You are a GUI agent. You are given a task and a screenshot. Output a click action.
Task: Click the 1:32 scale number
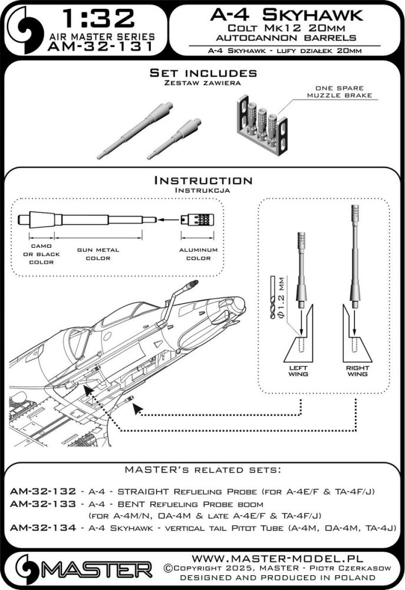pyautogui.click(x=98, y=19)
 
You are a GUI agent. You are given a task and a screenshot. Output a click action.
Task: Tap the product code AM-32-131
pyautogui.click(x=100, y=47)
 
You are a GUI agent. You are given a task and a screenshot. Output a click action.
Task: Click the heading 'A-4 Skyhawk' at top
pyautogui.click(x=287, y=15)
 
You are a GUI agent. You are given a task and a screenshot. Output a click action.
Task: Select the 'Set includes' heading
pyautogui.click(x=203, y=73)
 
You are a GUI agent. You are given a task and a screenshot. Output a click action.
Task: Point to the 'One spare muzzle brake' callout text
pyautogui.click(x=340, y=91)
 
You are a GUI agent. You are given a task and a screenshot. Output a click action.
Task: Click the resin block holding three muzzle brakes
pyautogui.click(x=262, y=125)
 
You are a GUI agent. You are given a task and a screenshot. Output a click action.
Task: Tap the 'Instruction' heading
pyautogui.click(x=203, y=180)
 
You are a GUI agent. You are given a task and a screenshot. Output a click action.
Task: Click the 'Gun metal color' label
pyautogui.click(x=98, y=254)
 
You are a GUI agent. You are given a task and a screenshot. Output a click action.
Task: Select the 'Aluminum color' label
pyautogui.click(x=198, y=254)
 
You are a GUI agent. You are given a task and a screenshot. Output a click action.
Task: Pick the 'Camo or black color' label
pyautogui.click(x=41, y=254)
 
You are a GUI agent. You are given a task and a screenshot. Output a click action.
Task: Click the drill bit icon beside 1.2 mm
pyautogui.click(x=272, y=297)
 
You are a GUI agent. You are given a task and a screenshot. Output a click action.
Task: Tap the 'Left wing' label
pyautogui.click(x=298, y=371)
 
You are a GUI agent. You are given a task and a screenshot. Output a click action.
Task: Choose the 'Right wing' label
pyautogui.click(x=357, y=371)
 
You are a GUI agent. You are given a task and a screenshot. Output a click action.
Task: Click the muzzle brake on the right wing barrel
pyautogui.click(x=355, y=214)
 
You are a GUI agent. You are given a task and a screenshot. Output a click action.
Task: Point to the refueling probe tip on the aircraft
pyautogui.click(x=194, y=283)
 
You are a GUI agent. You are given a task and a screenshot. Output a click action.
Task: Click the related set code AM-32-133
pyautogui.click(x=42, y=503)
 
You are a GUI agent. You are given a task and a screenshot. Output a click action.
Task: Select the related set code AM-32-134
pyautogui.click(x=42, y=528)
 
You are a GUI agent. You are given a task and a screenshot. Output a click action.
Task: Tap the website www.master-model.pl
pyautogui.click(x=278, y=558)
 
